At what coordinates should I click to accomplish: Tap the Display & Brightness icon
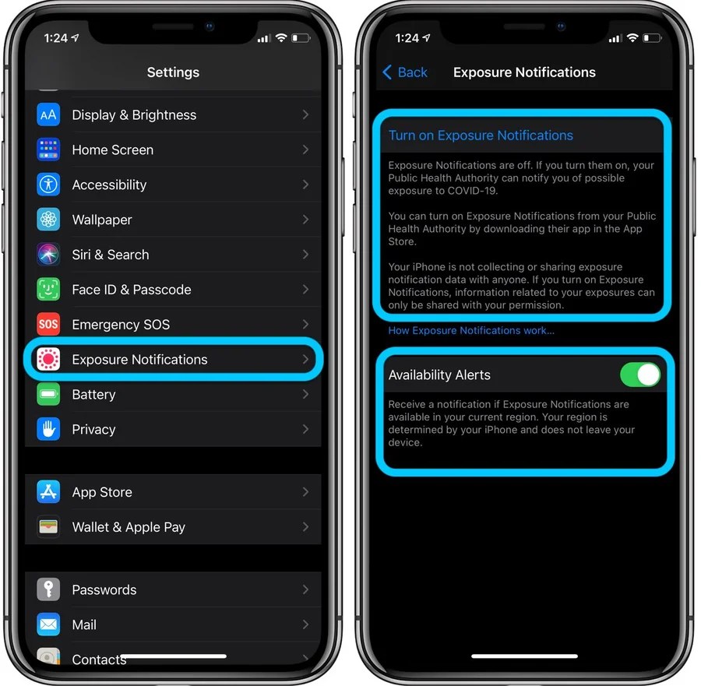(48, 114)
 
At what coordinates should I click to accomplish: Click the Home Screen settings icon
(48, 150)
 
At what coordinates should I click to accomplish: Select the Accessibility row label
(109, 185)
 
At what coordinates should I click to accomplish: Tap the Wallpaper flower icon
(48, 220)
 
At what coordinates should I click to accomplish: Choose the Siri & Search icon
(48, 255)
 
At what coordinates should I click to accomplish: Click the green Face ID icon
(48, 290)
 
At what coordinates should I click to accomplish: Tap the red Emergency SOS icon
(48, 324)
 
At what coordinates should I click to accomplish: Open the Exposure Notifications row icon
(48, 359)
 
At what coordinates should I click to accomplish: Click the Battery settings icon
(48, 394)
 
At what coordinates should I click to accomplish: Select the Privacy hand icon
(48, 429)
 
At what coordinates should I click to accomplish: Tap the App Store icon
(48, 492)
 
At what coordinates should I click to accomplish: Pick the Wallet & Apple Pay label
(129, 527)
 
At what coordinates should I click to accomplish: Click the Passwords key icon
(48, 589)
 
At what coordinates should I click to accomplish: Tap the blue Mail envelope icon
(48, 624)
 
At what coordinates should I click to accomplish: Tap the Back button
(405, 72)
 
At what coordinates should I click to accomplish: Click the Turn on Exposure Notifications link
(481, 135)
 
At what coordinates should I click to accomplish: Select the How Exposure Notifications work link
(471, 331)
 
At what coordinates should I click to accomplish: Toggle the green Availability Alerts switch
(639, 375)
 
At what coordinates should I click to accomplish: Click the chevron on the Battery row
(305, 394)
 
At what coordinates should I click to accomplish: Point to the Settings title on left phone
(173, 72)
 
